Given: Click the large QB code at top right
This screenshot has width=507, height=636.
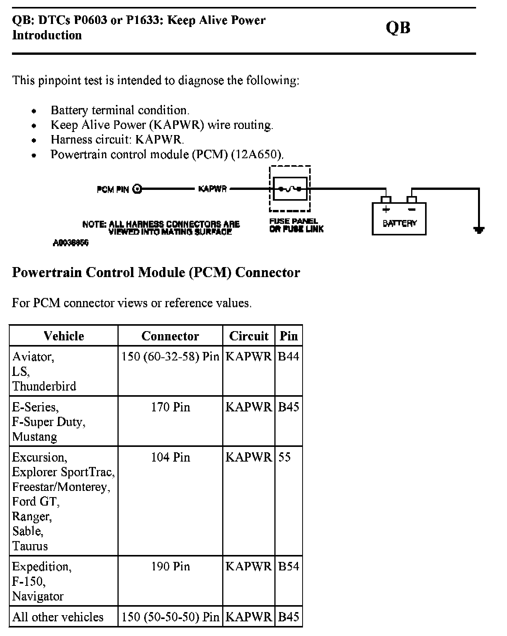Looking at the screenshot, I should (398, 28).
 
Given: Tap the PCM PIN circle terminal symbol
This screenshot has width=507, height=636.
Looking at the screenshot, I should (137, 189).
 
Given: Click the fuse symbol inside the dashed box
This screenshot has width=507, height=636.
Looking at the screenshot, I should (290, 189).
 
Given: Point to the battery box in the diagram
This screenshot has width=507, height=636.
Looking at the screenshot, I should (399, 219).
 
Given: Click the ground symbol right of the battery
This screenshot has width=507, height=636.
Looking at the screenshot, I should (479, 230).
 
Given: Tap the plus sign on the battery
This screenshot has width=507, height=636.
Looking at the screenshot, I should (386, 210).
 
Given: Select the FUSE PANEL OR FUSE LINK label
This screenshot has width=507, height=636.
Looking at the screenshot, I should (296, 225).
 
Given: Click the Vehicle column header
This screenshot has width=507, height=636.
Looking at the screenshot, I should (64, 336).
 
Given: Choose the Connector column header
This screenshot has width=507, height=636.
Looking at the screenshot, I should (170, 336).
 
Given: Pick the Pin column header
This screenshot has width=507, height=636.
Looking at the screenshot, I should (289, 336).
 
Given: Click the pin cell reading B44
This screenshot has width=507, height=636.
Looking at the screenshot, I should (288, 356).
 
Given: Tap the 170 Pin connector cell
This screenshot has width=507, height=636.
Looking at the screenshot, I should (170, 407).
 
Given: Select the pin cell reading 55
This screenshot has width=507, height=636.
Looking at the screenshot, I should (284, 457).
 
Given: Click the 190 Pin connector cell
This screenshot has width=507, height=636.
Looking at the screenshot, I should (170, 567).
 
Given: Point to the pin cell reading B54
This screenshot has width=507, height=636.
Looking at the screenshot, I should (288, 567).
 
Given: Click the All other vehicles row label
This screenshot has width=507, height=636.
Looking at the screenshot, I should (58, 617).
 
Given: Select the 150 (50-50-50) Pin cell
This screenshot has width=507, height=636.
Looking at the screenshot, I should (170, 617).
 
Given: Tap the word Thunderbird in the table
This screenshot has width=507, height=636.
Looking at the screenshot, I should (44, 386).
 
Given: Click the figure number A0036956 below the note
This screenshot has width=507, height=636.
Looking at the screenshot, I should (71, 243).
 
